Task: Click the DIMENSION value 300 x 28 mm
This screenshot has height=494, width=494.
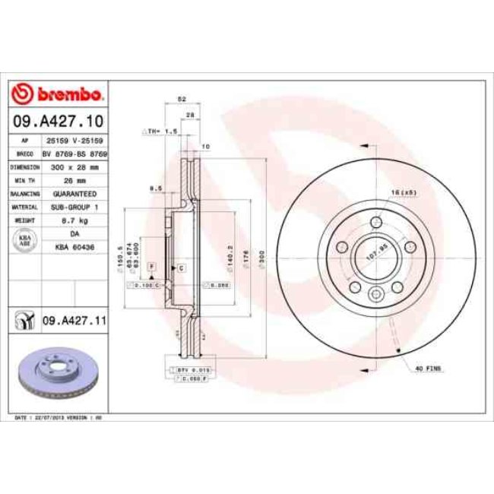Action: [76, 166]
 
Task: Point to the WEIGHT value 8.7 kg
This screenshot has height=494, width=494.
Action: [75, 220]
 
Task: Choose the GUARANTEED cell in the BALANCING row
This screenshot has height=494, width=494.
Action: [75, 193]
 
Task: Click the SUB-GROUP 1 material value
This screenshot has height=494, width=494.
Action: [75, 207]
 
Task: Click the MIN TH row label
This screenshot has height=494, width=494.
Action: [24, 179]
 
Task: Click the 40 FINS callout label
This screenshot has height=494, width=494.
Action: [429, 368]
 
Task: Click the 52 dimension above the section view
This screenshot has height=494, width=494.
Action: [182, 99]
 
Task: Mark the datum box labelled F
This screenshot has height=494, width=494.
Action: [151, 267]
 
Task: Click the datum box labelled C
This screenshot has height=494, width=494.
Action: [182, 268]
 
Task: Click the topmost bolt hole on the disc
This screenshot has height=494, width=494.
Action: [376, 223]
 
